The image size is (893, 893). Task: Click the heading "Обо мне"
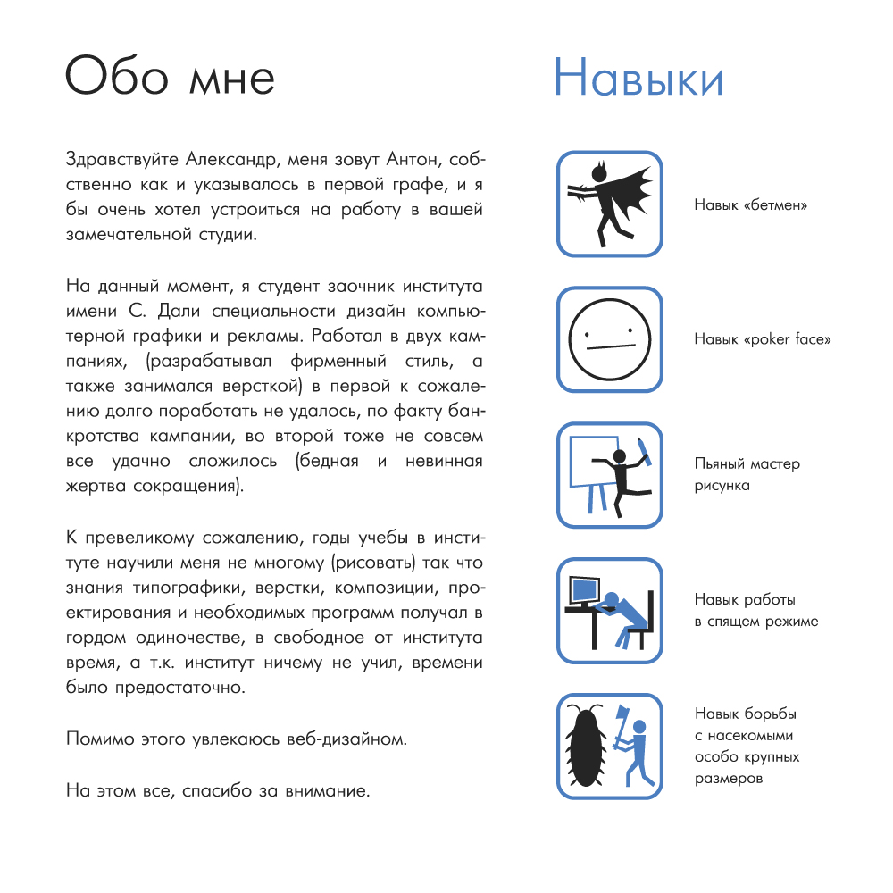click(x=170, y=76)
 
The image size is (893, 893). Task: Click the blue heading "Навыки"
click(x=638, y=78)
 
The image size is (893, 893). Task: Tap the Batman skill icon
click(x=610, y=204)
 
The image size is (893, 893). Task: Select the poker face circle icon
click(x=610, y=339)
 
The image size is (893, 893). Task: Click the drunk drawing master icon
click(x=610, y=475)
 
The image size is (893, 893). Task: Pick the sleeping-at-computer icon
click(x=610, y=611)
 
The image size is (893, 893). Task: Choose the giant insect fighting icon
click(x=610, y=747)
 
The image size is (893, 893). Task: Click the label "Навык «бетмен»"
click(x=751, y=204)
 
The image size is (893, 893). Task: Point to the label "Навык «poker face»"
click(x=763, y=340)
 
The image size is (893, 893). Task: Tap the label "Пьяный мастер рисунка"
click(x=747, y=475)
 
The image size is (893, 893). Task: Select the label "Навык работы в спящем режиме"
click(x=755, y=611)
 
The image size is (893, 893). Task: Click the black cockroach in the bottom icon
click(x=588, y=746)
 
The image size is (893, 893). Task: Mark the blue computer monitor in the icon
click(x=584, y=590)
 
